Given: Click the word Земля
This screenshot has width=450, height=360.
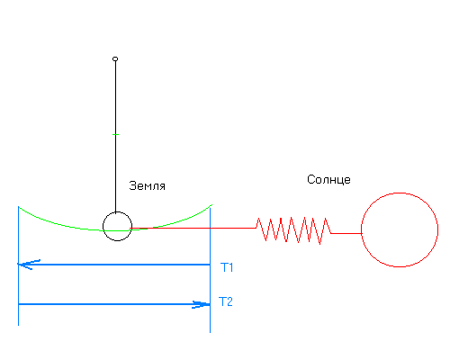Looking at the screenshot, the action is (147, 186).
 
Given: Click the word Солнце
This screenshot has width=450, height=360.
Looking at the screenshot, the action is (328, 179).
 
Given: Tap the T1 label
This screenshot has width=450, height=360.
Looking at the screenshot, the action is (227, 267).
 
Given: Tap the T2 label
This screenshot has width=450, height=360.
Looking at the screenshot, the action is (226, 301).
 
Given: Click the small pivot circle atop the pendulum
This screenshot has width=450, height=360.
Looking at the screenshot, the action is (115, 58).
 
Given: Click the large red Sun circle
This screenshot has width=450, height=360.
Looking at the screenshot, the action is (361, 229).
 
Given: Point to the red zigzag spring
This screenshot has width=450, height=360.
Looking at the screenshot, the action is (293, 230).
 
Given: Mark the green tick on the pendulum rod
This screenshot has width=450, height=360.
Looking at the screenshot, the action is (115, 134).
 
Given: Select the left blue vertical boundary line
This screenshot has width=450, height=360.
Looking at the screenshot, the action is (19, 265).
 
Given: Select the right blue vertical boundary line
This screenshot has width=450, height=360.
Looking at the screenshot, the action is (210, 270).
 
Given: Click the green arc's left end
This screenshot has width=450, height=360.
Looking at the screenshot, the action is (19, 207).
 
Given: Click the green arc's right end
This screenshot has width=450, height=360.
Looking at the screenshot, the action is (211, 205).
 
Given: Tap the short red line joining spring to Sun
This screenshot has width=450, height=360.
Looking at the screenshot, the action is (346, 233).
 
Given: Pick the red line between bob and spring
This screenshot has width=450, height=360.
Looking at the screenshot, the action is (193, 228).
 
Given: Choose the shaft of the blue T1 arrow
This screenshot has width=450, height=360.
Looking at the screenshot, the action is (114, 265).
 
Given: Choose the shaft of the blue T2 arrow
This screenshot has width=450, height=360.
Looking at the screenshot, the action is (114, 304).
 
